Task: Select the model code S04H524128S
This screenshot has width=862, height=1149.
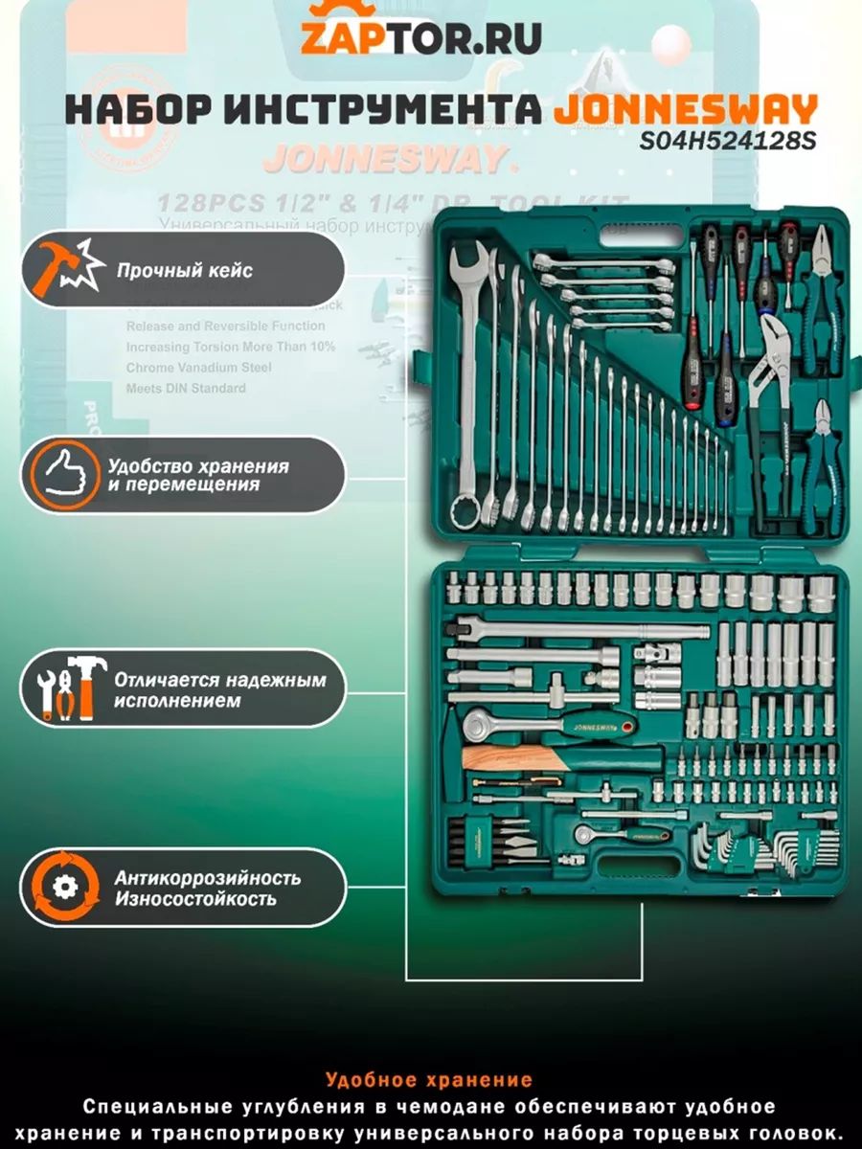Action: tap(729, 142)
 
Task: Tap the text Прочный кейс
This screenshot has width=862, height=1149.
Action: tap(185, 270)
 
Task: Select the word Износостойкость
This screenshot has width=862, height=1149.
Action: tap(195, 899)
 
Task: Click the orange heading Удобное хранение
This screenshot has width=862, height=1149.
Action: tap(428, 1080)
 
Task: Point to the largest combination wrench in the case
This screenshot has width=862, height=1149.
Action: tap(466, 383)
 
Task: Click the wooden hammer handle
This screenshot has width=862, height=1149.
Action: tap(508, 758)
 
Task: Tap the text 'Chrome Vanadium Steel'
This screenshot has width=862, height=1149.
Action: tap(198, 368)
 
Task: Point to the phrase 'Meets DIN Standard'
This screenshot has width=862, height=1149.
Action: tap(186, 389)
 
